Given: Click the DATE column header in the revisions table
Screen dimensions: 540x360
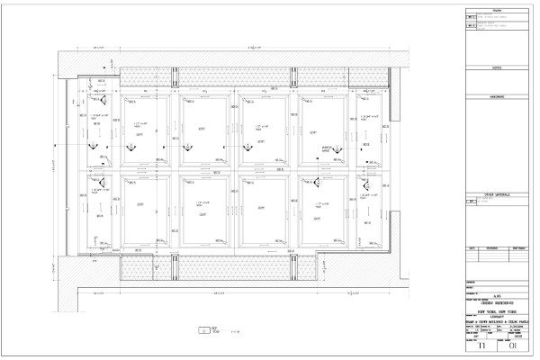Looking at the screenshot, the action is tap(472, 247).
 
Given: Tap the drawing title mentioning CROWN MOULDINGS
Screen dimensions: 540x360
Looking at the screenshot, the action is tap(496, 322).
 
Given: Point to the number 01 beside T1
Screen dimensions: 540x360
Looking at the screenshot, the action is tap(513, 343).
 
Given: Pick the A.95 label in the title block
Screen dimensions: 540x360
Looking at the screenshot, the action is tap(496, 294).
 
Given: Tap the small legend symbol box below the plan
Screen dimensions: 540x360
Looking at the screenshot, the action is tap(205, 329).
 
